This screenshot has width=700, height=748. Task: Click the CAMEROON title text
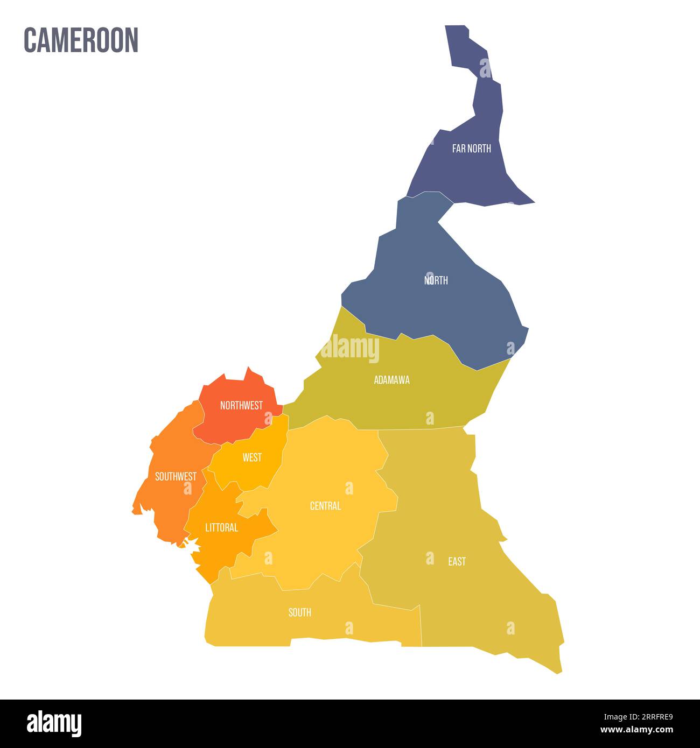(81, 40)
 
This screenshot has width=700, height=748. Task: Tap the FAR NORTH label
(471, 149)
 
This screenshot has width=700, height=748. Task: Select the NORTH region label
(436, 280)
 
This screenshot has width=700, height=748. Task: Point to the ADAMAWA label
(391, 380)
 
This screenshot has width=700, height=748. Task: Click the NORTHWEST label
(241, 406)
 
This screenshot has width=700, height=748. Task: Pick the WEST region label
(252, 457)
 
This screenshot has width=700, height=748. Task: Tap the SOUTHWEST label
(176, 477)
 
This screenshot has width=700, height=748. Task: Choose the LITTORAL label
(221, 528)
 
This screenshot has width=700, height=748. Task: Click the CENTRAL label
(325, 506)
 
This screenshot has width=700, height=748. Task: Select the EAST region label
(457, 561)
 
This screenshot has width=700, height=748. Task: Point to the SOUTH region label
(299, 612)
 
